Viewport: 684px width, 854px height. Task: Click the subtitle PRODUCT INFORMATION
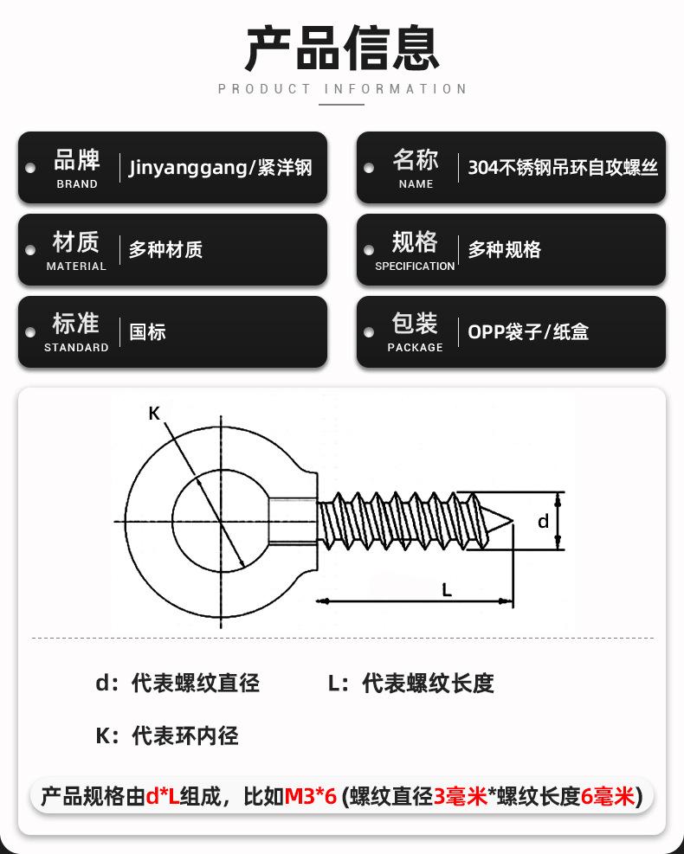pos(342,89)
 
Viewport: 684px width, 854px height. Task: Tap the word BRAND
pos(77,184)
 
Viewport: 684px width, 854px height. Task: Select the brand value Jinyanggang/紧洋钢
pos(221,168)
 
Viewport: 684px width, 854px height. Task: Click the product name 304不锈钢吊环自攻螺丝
pos(563,168)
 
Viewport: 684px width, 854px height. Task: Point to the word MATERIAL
pos(76,266)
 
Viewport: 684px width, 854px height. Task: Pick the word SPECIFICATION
pos(415,266)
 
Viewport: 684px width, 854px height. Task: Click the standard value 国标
pos(147,332)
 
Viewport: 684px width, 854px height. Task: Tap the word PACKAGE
pos(415,348)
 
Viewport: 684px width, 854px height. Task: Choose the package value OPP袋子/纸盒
pos(528,332)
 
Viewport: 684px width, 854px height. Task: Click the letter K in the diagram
pos(154,414)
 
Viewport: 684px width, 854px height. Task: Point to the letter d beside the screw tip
pos(544,521)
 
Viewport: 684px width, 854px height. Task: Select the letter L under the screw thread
pos(447,590)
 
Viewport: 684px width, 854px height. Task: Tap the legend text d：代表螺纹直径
pos(177,683)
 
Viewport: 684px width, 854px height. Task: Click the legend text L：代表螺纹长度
pos(411,683)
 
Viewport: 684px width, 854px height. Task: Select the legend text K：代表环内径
pos(166,736)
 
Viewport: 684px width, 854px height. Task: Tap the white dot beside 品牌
pos(30,168)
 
